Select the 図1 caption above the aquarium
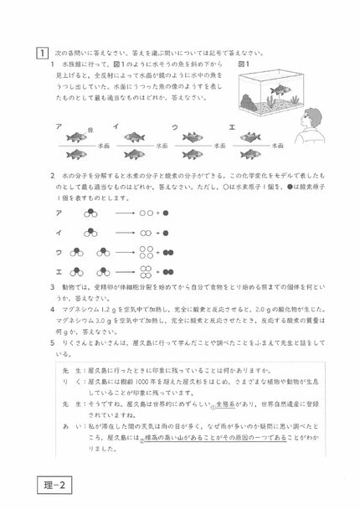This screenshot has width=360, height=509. coord(244,63)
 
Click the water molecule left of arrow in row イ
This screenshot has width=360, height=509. coord(90,233)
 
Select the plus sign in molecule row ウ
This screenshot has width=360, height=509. coord(155,252)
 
